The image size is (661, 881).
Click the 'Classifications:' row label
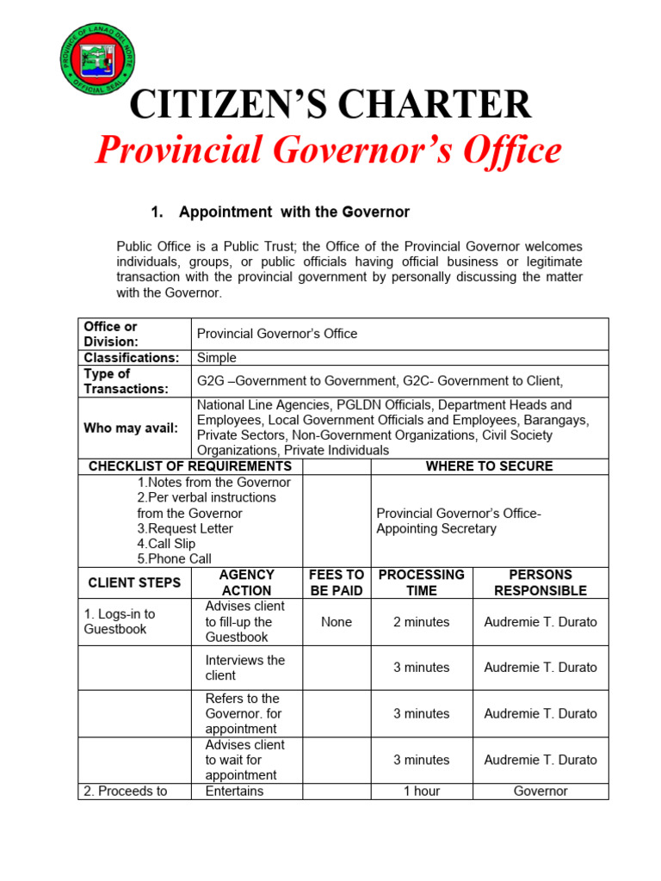pos(132,358)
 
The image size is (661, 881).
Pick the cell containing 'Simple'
pos(217,358)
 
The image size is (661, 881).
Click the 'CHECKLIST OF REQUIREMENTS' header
pos(190,466)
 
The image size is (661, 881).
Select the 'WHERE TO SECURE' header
pos(489,466)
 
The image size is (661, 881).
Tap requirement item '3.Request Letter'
pos(185,528)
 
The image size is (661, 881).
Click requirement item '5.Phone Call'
pos(174,558)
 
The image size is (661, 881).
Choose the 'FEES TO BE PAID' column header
pos(336,582)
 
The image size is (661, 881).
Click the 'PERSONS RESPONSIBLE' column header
pos(540,582)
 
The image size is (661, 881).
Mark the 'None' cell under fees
pos(336,622)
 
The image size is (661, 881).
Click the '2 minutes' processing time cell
pos(421,622)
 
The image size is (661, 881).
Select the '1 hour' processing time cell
pos(421,791)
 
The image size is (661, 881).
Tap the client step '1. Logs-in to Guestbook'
pos(120,621)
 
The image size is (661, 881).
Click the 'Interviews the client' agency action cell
pos(244,668)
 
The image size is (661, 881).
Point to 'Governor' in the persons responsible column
pos(540,791)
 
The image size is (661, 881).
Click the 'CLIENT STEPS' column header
pos(134,582)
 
